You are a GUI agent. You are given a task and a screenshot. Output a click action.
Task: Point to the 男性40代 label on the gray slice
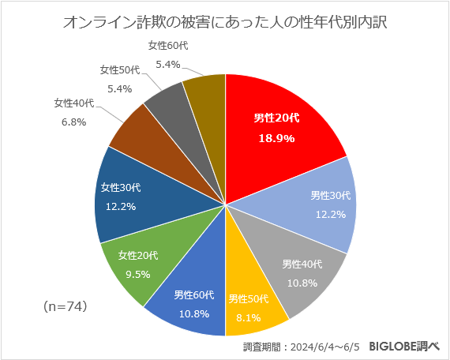point(302,264)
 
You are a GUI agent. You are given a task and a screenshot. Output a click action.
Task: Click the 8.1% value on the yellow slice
point(249,313)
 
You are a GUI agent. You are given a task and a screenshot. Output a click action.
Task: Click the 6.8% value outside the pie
point(73,122)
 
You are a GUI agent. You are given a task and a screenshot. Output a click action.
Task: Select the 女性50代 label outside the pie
point(119,70)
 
